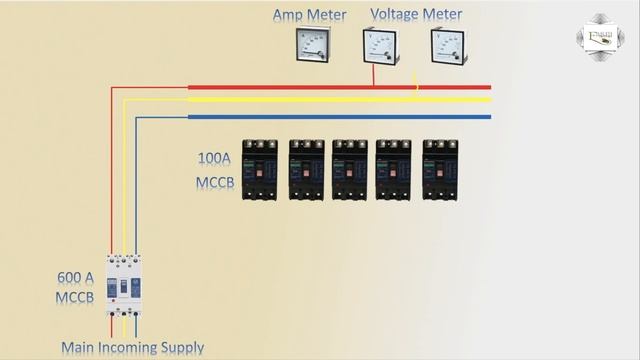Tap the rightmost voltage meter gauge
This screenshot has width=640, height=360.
pyautogui.click(x=446, y=46)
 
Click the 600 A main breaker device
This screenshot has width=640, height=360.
pyautogui.click(x=123, y=284)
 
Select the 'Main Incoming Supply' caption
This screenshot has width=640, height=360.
pyautogui.click(x=132, y=348)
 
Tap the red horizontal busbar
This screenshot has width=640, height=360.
pyautogui.click(x=340, y=87)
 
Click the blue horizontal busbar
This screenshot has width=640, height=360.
pyautogui.click(x=340, y=116)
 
